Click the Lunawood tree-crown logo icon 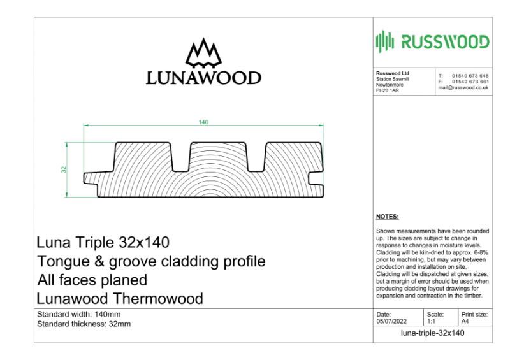coord(203,54)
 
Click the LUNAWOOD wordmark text coord(203,78)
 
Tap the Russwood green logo coord(433,42)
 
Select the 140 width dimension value coord(203,122)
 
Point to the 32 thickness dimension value coord(64,169)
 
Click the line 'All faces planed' coord(92,280)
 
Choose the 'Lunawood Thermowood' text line coord(120,298)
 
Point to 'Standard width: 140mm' coord(78,315)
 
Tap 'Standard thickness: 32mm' coord(84,324)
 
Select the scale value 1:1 coord(432,322)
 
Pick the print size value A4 coord(465,322)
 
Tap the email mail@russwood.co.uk coord(463,87)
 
